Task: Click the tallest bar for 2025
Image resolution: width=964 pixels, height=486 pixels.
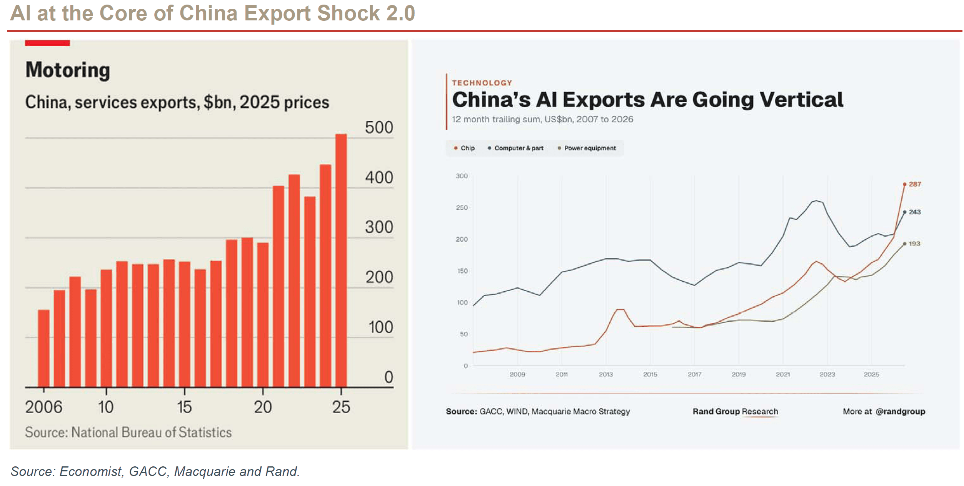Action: click(341, 261)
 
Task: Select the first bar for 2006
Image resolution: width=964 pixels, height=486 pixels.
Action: click(44, 348)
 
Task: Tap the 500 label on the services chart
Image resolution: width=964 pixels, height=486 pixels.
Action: click(379, 127)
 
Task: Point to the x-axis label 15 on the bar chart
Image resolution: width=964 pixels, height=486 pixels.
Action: click(184, 407)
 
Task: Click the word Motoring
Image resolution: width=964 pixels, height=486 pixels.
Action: click(68, 70)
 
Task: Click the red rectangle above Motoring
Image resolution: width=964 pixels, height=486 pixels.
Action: click(47, 43)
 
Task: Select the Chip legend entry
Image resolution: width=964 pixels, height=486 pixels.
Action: click(464, 148)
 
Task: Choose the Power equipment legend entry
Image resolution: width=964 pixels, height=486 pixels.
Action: click(587, 148)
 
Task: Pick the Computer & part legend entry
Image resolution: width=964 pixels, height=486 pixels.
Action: click(515, 148)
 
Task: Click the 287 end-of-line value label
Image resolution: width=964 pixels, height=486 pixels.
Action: click(915, 184)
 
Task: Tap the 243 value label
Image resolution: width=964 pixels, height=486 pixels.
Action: click(915, 212)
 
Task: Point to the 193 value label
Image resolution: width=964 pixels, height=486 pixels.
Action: click(914, 244)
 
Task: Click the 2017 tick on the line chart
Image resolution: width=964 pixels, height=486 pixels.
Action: click(694, 374)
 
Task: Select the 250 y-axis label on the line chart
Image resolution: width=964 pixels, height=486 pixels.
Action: click(462, 208)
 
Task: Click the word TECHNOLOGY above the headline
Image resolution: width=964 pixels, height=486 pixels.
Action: click(482, 83)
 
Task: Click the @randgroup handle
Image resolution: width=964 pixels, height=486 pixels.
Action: click(900, 412)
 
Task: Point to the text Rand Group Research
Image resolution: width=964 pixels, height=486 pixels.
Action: click(736, 411)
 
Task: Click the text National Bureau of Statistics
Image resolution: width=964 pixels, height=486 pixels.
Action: click(152, 433)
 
